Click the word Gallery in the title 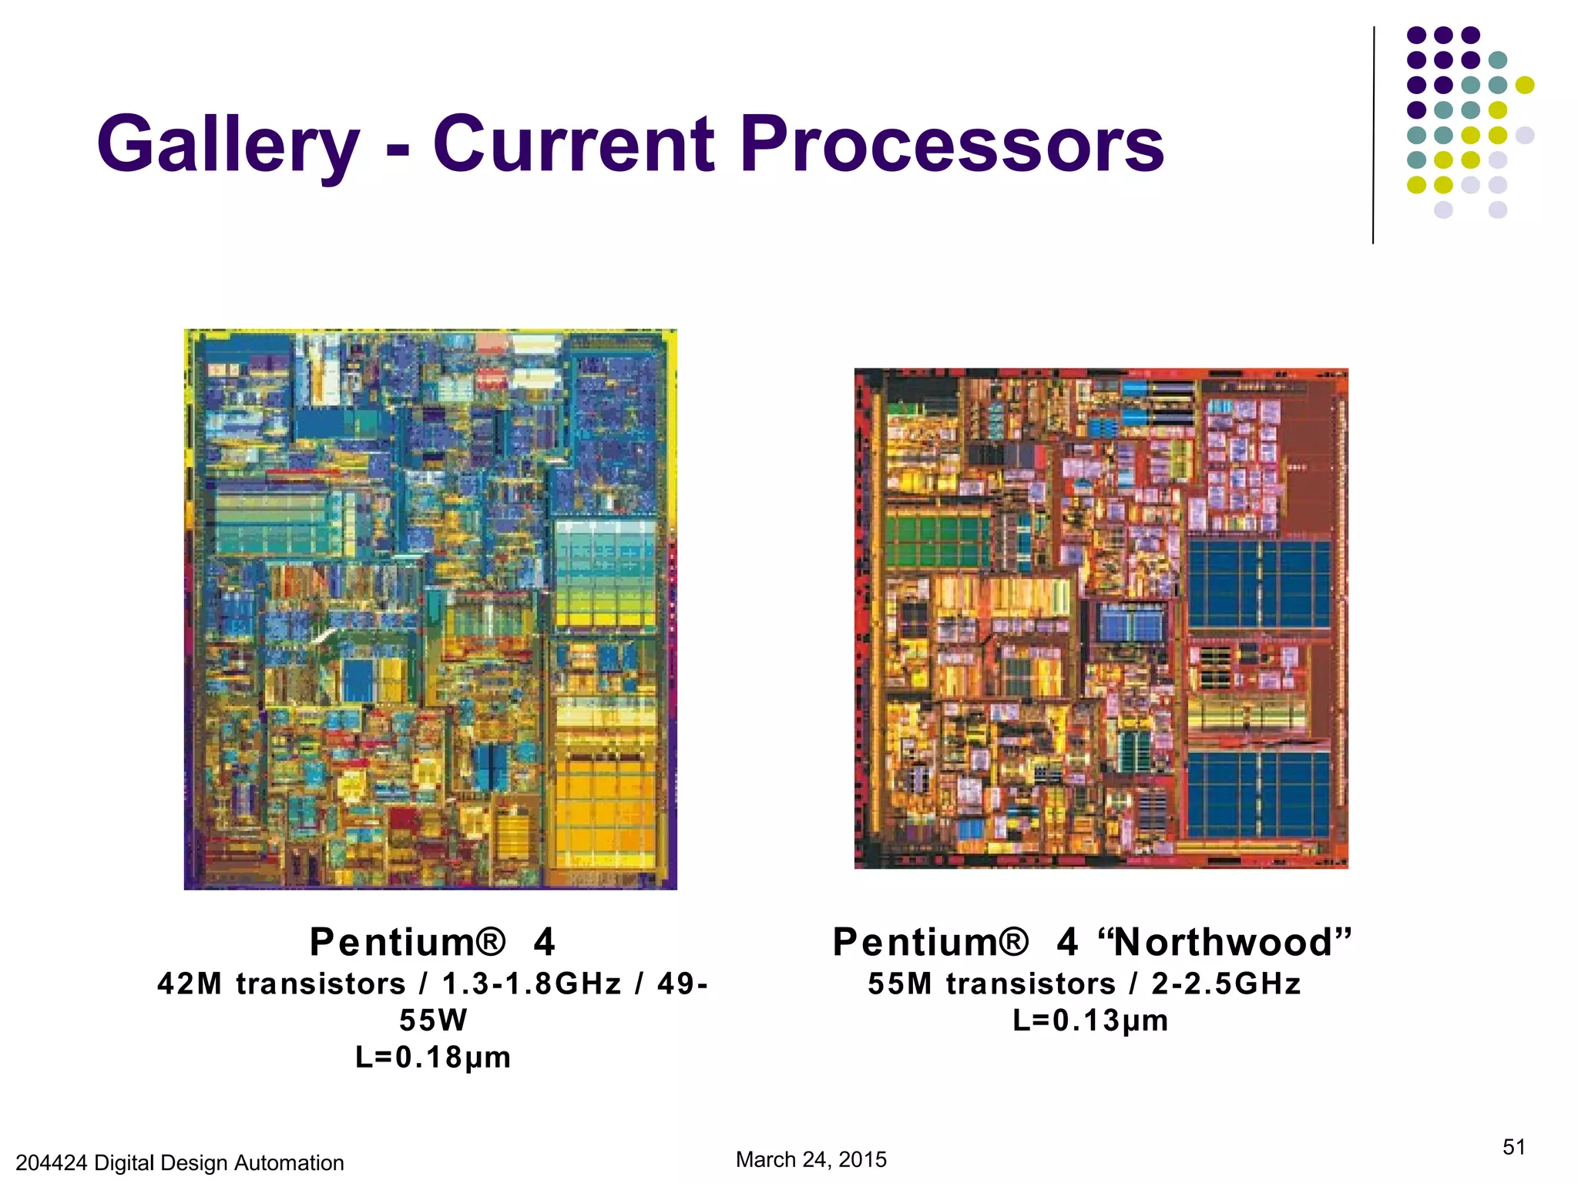coord(228,145)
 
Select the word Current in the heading coord(573,145)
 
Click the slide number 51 coord(1513,1147)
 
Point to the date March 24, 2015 coord(811,1159)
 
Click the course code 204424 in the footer coord(51,1162)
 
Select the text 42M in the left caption coord(190,984)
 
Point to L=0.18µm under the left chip coord(433,1057)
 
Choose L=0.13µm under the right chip coord(1090,1021)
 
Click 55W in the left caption coord(433,1021)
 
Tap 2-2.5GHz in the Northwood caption coord(1226,984)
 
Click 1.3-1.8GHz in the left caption coord(532,984)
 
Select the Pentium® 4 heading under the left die coord(431,942)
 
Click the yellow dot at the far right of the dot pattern coord(1524,85)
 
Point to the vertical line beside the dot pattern coord(1373,135)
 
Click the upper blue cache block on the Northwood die coord(1259,584)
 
